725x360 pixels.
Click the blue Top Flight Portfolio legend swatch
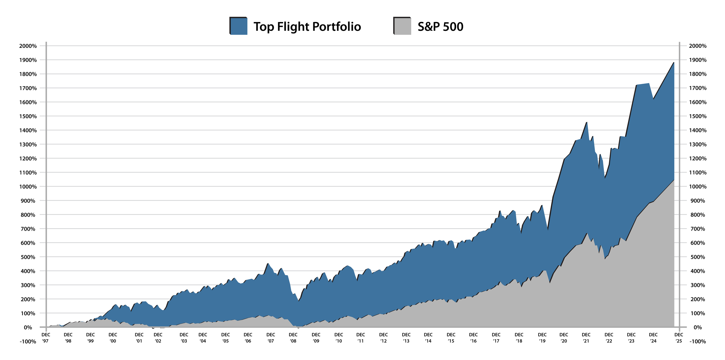[239, 26]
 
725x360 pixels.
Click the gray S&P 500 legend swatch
[402, 26]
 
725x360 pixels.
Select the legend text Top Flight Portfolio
[307, 27]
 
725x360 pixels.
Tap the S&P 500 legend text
[440, 27]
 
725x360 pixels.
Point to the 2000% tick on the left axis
[28, 46]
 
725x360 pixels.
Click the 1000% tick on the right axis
[698, 186]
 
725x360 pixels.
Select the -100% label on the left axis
[28, 342]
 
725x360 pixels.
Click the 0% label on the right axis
[698, 327]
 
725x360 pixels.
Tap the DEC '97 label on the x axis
[46, 338]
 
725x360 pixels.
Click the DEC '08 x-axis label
[293, 338]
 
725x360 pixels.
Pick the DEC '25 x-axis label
[678, 338]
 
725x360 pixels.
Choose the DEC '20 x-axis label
[564, 338]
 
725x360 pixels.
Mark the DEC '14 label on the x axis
[428, 338]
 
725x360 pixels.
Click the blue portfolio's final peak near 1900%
[674, 63]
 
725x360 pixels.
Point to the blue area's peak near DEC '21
[587, 122]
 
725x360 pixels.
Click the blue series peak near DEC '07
[268, 264]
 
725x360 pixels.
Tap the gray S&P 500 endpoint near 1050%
[674, 180]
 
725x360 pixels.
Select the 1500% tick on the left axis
[28, 116]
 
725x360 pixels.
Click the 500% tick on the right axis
[698, 257]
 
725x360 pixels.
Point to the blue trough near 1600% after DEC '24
[653, 99]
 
